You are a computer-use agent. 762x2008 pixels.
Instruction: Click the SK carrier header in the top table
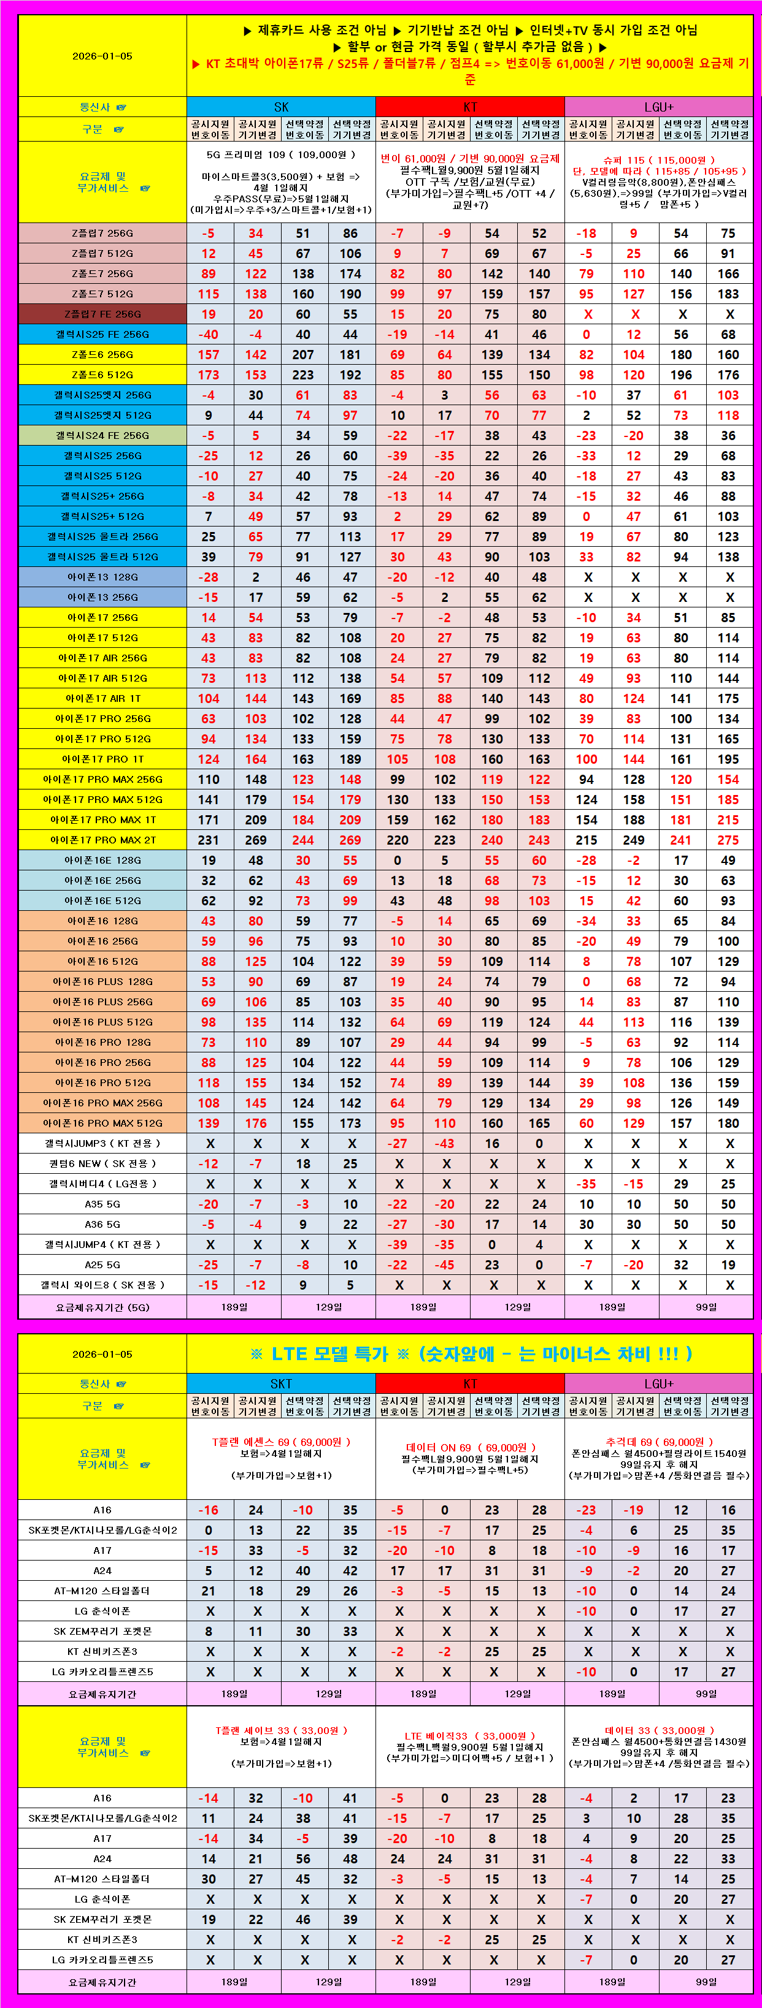281,107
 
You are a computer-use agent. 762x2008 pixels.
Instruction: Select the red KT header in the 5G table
469,107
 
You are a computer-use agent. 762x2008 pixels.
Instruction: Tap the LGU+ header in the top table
658,107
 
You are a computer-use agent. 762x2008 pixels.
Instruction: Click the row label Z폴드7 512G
102,294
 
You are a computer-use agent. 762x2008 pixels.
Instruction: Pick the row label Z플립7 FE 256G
102,314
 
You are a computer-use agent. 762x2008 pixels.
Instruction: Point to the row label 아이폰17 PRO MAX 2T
102,840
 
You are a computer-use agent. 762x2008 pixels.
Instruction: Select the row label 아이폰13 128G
102,577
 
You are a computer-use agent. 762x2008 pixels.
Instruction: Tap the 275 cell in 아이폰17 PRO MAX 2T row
728,840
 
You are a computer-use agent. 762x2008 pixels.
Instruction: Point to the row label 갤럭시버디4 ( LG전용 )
102,1183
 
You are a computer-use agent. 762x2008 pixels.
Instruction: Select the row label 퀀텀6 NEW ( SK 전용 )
102,1163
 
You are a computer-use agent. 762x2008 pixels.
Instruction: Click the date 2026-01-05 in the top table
102,56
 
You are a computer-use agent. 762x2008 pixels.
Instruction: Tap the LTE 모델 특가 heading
469,1353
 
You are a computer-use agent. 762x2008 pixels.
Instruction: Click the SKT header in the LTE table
281,1383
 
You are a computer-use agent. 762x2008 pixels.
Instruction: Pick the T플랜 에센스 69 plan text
281,1442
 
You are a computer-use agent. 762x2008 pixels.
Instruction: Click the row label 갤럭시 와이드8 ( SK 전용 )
102,1285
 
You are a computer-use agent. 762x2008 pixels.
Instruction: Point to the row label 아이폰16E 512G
102,900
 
